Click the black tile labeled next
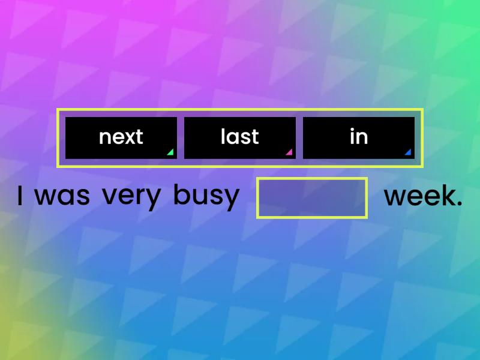pos(121,137)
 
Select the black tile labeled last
pos(239,137)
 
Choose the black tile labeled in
pos(358,137)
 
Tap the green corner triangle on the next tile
pos(170,152)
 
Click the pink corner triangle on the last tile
pos(289,152)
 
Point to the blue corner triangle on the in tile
pos(408,152)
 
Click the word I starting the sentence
pos(20,196)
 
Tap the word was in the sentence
pos(62,196)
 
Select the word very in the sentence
pos(131,196)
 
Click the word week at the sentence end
pos(419,196)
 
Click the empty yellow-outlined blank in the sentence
pos(311,197)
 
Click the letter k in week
pos(446,196)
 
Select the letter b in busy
pos(179,194)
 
